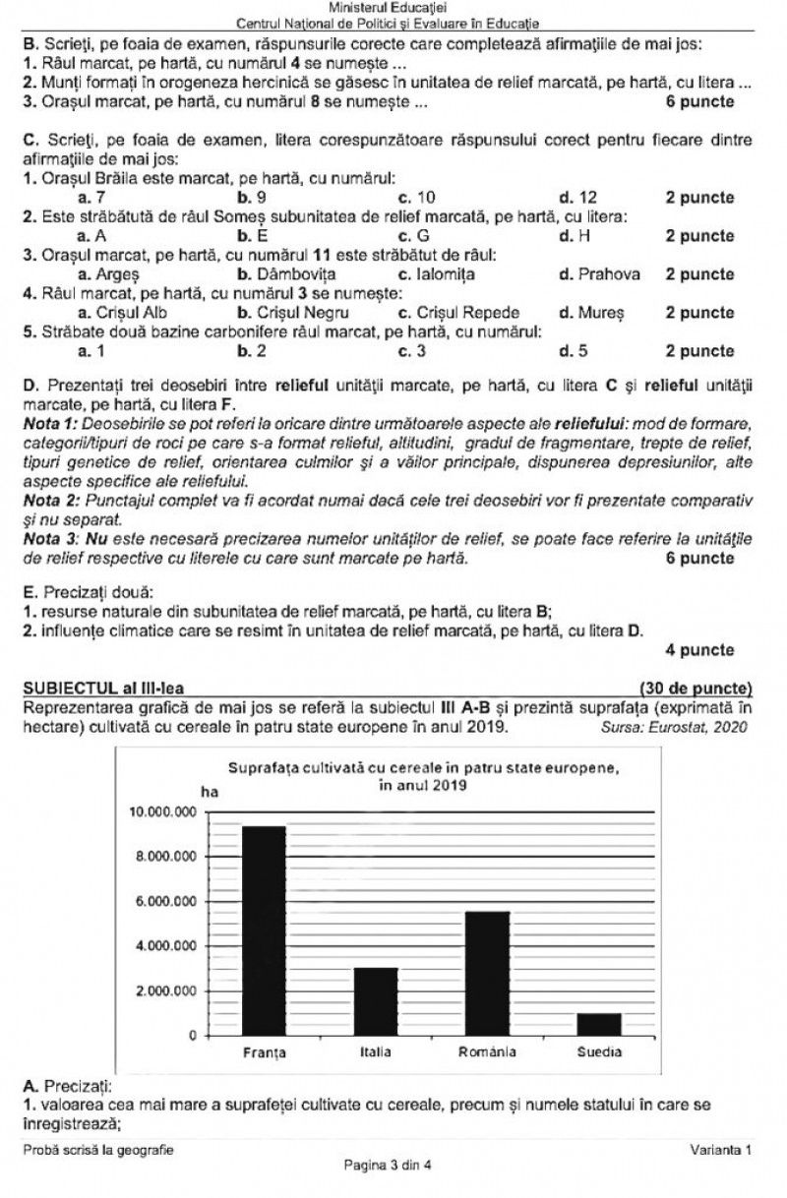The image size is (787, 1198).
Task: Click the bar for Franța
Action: (x=264, y=930)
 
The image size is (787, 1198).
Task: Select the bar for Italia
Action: (x=376, y=1001)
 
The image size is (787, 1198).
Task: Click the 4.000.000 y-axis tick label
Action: (x=162, y=946)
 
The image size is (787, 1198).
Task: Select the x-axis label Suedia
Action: (x=598, y=1052)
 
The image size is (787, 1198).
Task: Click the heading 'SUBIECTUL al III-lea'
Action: (x=103, y=687)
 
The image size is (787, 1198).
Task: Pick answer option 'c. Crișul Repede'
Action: (x=452, y=313)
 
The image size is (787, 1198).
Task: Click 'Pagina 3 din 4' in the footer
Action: (x=388, y=1166)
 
